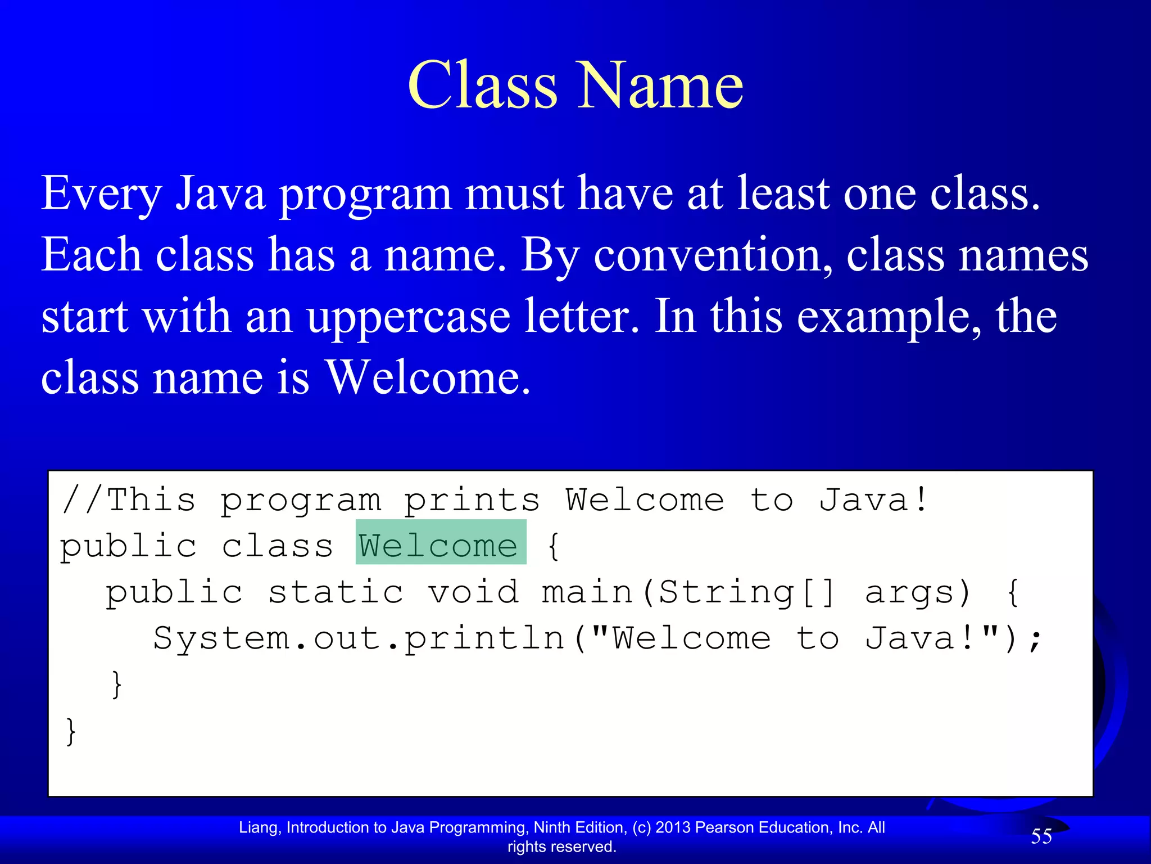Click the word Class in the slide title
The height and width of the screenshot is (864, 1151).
pos(483,85)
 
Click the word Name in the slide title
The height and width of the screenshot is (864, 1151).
pos(661,85)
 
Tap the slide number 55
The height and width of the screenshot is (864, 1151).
pos(1041,836)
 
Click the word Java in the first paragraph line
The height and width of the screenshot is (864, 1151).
pos(220,193)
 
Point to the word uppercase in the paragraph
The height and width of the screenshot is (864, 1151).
pos(409,316)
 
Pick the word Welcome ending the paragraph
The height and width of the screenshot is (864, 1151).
pos(428,377)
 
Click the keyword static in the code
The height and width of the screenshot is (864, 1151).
pos(336,592)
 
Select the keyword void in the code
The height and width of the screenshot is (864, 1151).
pos(473,592)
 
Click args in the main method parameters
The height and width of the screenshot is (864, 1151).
pos(917,592)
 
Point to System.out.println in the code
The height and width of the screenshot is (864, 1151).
pos(359,638)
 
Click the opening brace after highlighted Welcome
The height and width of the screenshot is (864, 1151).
pos(553,546)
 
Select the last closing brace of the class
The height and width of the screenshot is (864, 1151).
pos(70,731)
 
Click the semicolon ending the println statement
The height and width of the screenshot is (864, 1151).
pos(1035,640)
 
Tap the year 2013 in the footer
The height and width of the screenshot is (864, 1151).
pos(673,827)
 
